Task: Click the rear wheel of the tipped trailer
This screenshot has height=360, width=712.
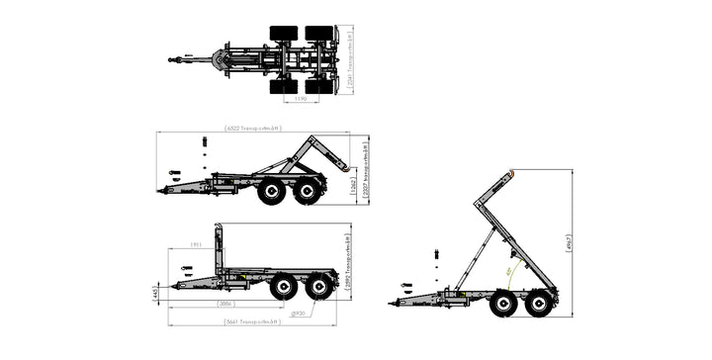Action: pos(539,302)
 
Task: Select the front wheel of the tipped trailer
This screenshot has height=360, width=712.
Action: pos(502,303)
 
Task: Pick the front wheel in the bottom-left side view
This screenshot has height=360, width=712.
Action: pos(284,287)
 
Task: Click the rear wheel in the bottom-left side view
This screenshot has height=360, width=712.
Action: pos(319,287)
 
